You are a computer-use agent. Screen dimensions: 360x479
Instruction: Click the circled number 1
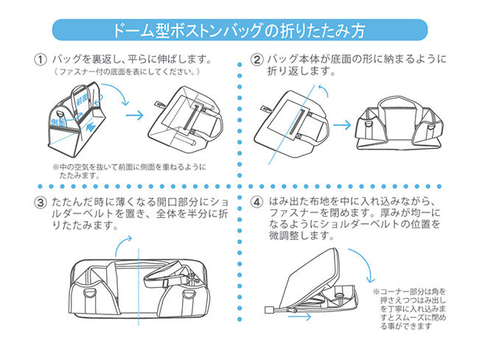[x=39, y=57]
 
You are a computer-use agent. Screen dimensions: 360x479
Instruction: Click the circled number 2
[x=256, y=58]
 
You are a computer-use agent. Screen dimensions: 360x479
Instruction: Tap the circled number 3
[x=39, y=201]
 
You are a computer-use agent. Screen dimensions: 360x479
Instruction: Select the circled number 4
[x=256, y=200]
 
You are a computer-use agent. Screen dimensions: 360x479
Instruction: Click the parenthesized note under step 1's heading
[x=126, y=72]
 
